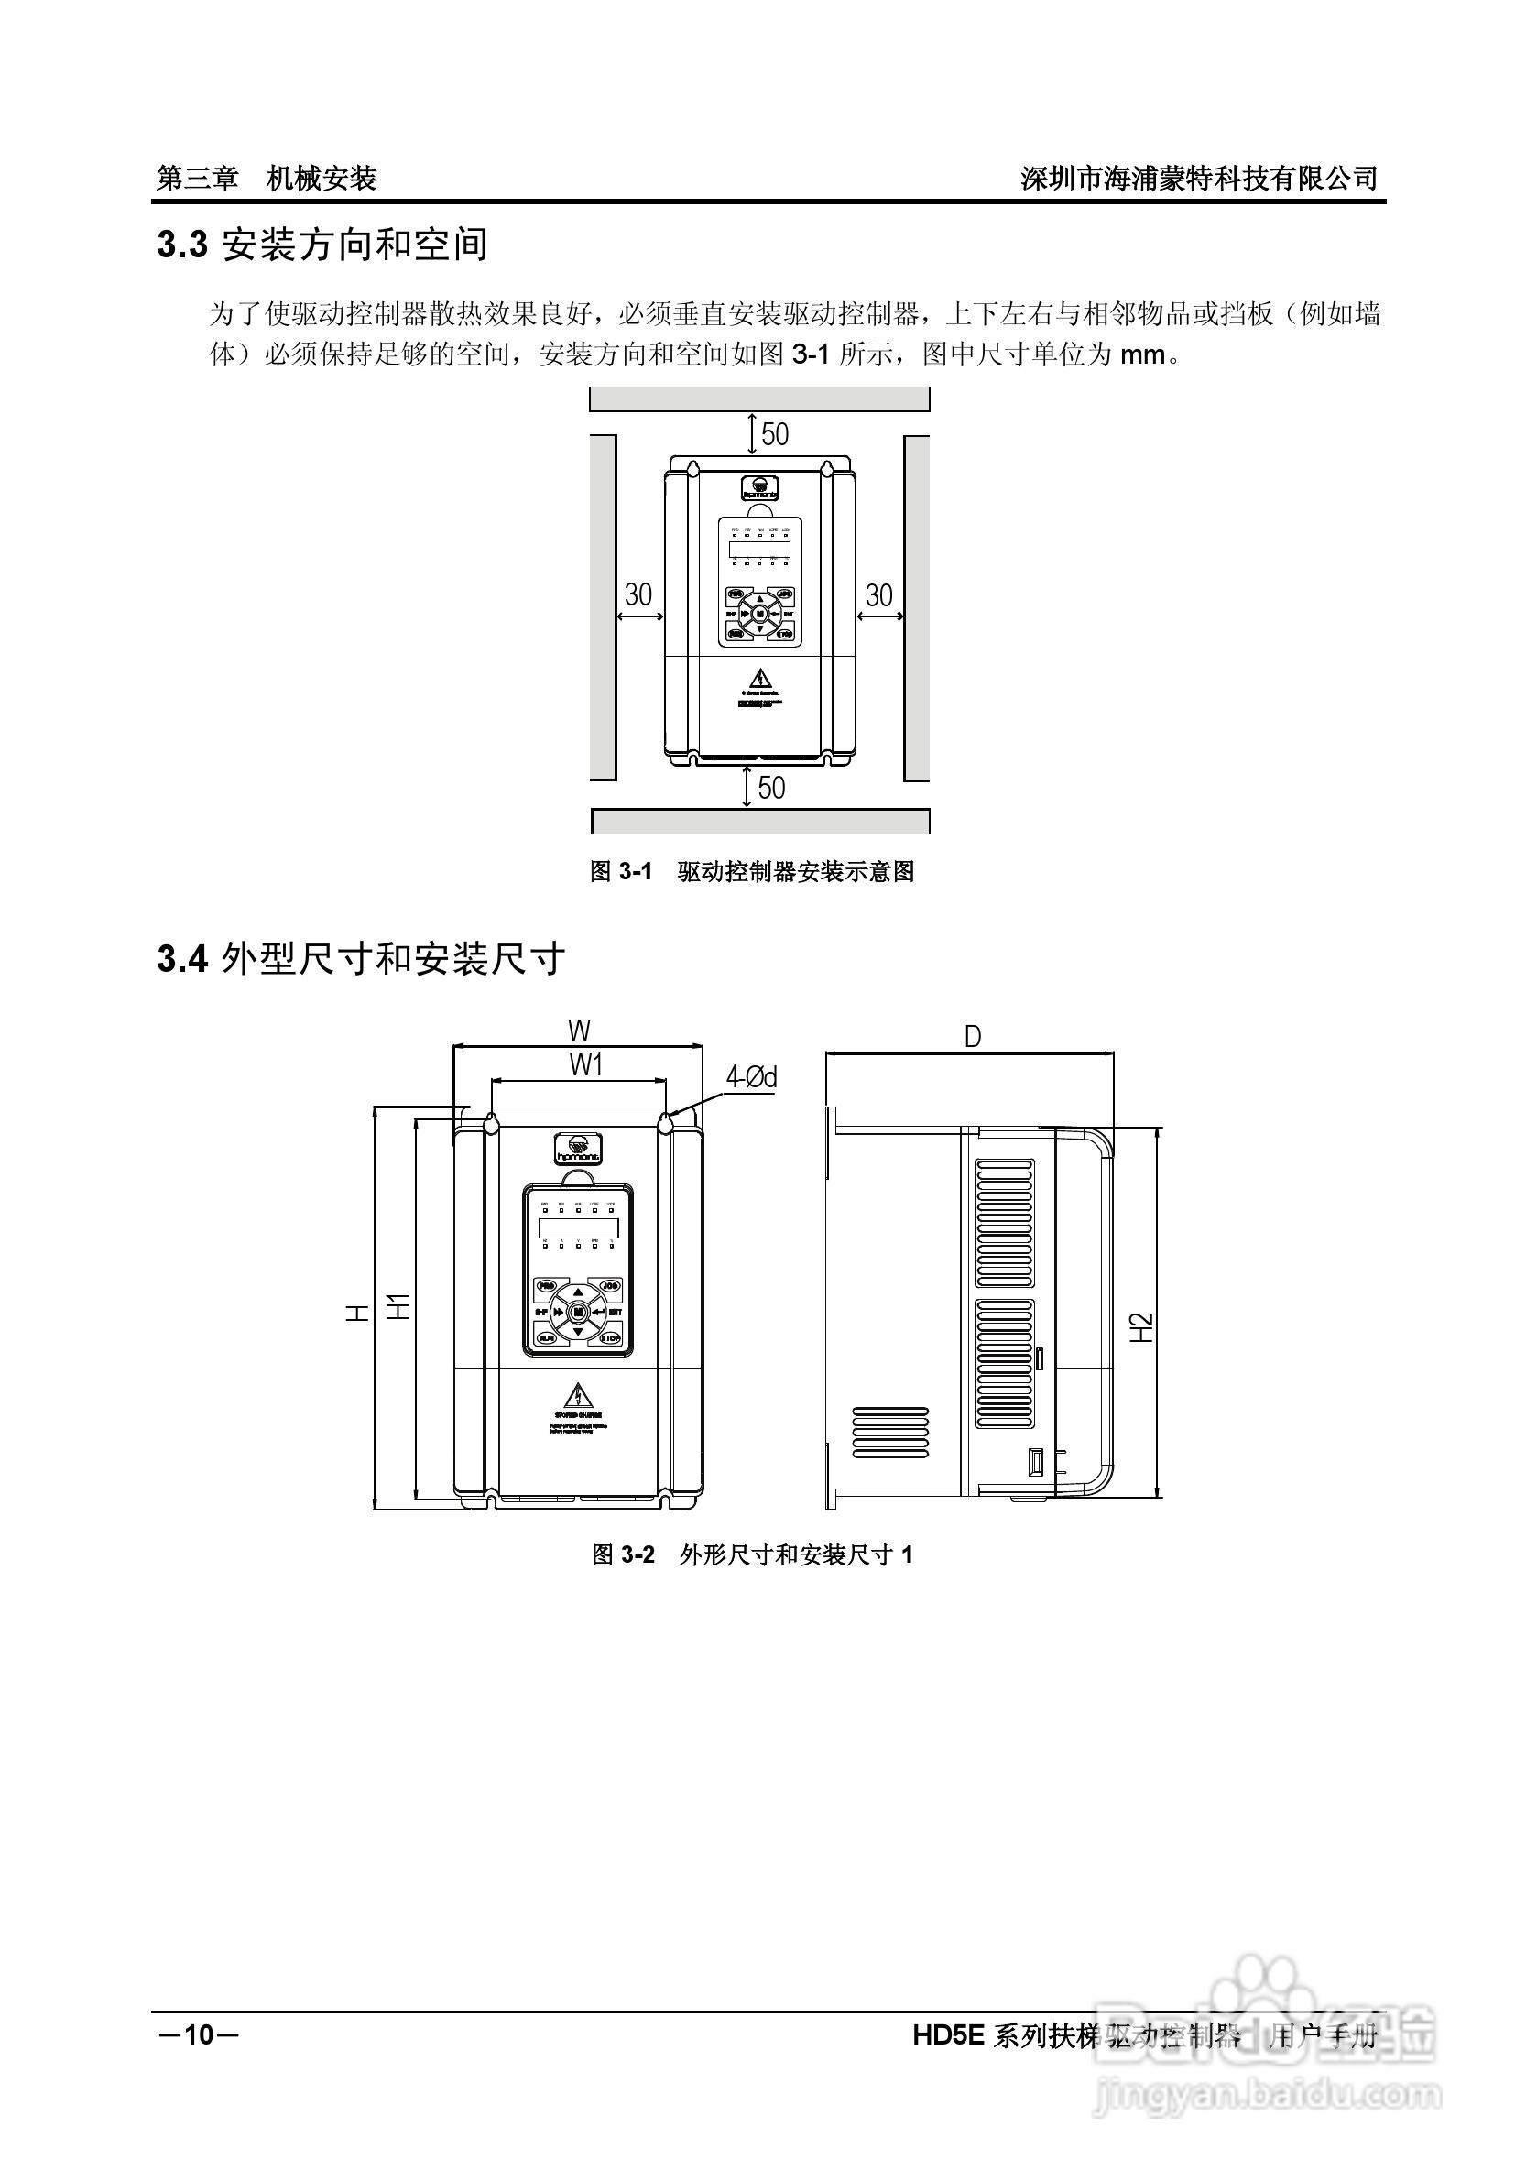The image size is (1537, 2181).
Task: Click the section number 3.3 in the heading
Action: tap(181, 245)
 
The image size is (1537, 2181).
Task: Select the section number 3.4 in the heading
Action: tap(181, 959)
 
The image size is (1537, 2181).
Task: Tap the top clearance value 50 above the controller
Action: tap(774, 434)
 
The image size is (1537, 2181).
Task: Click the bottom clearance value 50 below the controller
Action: tap(771, 788)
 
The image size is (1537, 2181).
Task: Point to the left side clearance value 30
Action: tap(638, 594)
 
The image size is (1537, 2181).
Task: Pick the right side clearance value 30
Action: tap(878, 594)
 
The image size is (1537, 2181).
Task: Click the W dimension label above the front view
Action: tap(579, 1031)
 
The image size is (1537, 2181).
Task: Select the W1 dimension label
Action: tap(586, 1066)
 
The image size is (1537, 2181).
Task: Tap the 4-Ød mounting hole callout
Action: tap(750, 1076)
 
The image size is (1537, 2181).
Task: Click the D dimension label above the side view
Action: tap(972, 1037)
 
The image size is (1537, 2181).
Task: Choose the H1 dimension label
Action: tap(399, 1306)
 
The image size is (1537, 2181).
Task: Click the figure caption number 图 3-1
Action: tap(621, 871)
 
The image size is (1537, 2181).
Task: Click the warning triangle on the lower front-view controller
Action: tap(578, 1395)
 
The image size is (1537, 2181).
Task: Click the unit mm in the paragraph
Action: tap(1142, 355)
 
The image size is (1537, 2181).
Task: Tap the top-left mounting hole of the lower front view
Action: tap(492, 1124)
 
